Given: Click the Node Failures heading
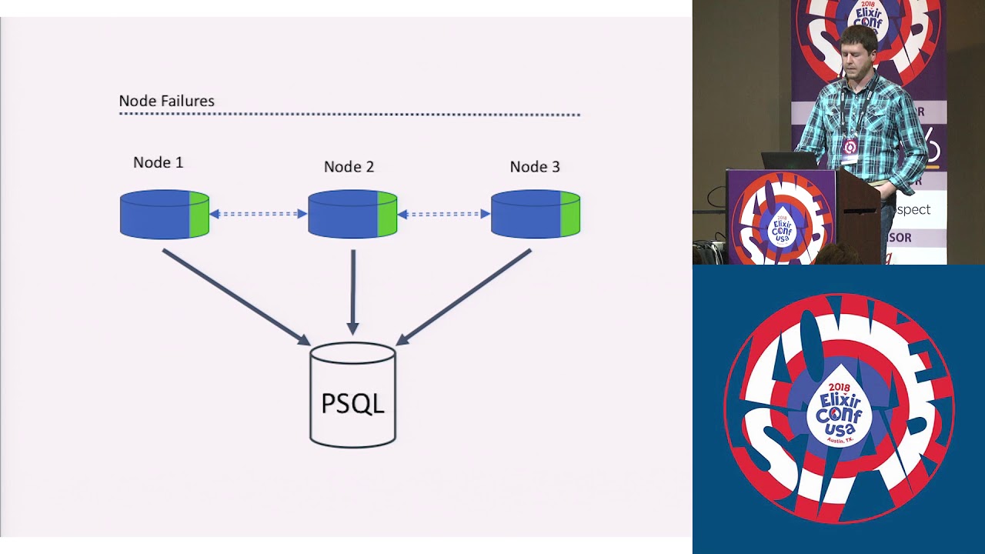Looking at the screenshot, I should click(166, 101).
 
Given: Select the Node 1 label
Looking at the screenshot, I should click(158, 162).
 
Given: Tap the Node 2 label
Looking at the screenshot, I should click(349, 167).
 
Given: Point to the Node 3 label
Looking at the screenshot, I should click(535, 167).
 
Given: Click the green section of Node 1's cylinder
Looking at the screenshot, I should click(199, 215).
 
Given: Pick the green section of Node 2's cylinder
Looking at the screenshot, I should click(387, 215).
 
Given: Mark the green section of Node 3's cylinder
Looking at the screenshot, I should click(570, 215).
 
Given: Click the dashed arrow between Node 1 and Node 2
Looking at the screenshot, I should click(259, 214).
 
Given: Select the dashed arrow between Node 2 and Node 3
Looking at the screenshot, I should click(444, 214).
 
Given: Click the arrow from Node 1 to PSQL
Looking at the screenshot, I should click(235, 296).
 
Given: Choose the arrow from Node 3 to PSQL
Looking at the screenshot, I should click(464, 296).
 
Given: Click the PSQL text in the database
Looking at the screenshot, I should click(352, 403).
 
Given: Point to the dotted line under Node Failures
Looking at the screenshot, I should click(349, 115).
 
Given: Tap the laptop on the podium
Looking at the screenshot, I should click(789, 160).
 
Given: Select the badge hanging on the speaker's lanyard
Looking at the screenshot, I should click(850, 146).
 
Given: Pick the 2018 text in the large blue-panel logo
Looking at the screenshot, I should click(839, 387).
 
